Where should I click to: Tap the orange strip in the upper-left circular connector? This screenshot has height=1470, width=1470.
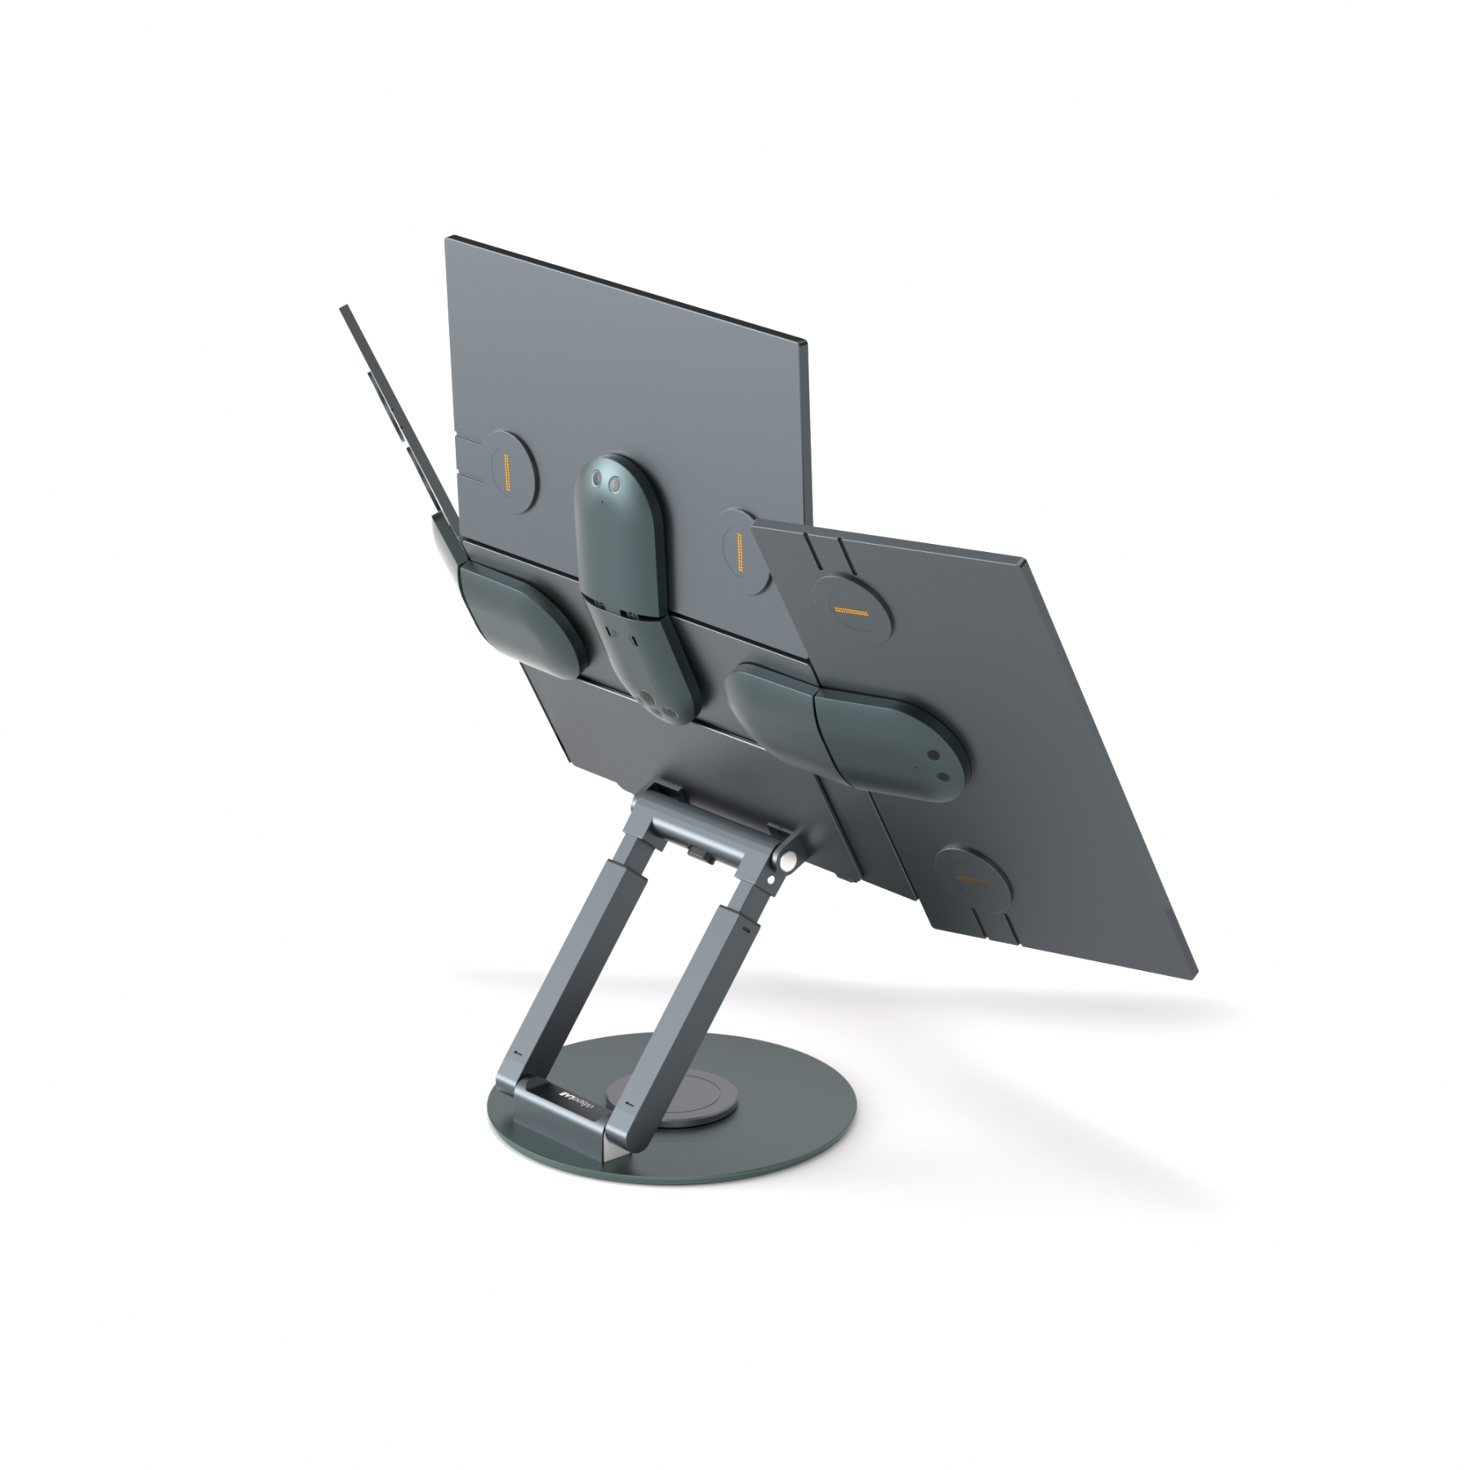[506, 473]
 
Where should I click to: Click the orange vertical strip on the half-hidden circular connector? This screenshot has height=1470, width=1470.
[738, 552]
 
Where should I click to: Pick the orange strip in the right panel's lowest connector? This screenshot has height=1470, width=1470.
[972, 880]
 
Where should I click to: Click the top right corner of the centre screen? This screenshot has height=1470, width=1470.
[805, 341]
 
